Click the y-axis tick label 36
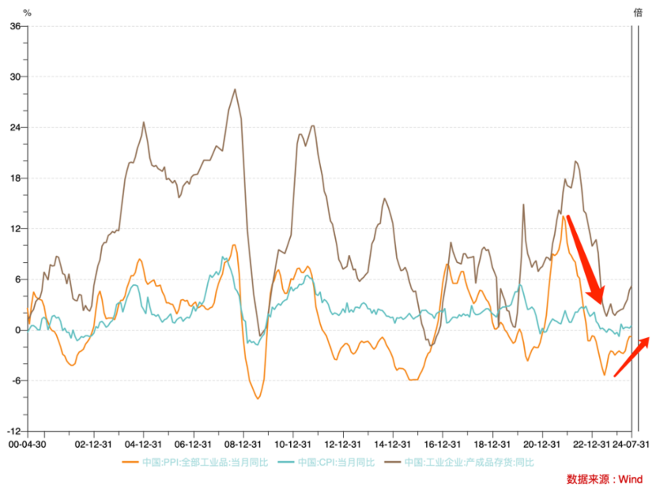click(x=15, y=26)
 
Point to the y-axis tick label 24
click(x=15, y=127)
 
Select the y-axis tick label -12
click(x=14, y=431)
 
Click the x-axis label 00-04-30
click(x=27, y=444)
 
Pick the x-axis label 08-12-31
click(x=242, y=444)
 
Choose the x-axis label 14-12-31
click(x=392, y=444)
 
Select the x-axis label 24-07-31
click(x=631, y=444)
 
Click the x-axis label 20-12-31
click(x=542, y=444)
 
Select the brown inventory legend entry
click(x=459, y=463)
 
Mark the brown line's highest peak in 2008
click(x=235, y=89)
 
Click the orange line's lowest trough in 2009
click(x=258, y=399)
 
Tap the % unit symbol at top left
click(x=27, y=13)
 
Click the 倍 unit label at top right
click(x=638, y=13)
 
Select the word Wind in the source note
click(x=630, y=479)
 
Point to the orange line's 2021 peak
click(x=563, y=216)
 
